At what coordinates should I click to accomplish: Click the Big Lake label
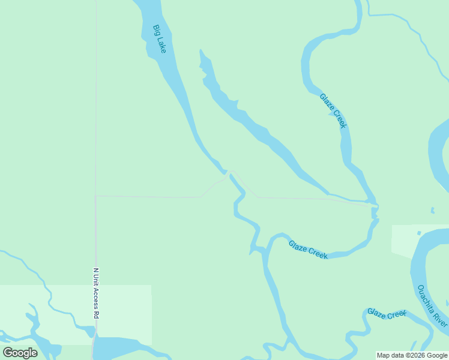click(159, 39)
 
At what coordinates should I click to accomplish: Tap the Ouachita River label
click(432, 306)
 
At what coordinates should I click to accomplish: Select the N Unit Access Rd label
click(96, 293)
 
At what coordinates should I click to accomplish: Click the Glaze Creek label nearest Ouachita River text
click(387, 314)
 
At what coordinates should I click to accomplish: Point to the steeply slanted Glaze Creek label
click(333, 110)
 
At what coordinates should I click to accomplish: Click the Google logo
click(20, 353)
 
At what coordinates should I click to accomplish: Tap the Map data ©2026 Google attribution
click(412, 356)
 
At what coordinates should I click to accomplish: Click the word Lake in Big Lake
click(161, 46)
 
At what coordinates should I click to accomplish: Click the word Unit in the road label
click(96, 279)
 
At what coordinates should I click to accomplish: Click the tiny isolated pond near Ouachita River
click(432, 210)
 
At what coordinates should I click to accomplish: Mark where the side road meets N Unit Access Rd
click(96, 196)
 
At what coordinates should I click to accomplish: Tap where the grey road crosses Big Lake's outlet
click(228, 173)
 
